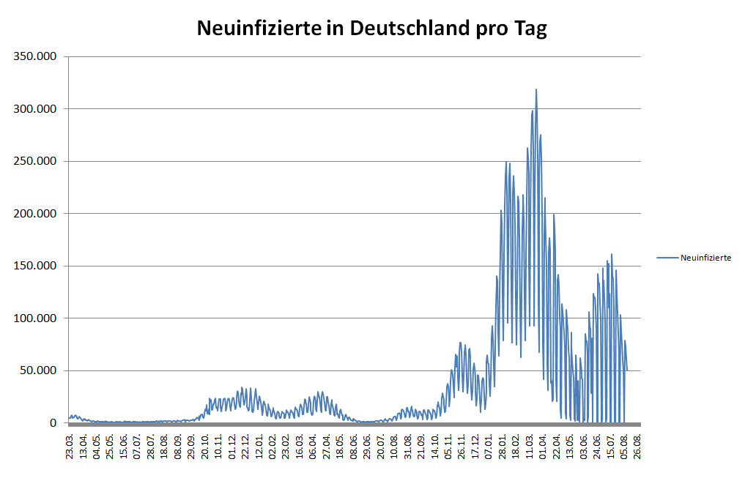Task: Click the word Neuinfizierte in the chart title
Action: (x=259, y=29)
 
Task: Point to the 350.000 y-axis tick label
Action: (x=35, y=56)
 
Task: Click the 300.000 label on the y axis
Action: (x=35, y=109)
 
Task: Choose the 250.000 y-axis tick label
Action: (x=35, y=161)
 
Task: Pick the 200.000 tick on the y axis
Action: (x=35, y=214)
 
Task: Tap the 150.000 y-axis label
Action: (x=35, y=266)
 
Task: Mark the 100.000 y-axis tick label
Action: (x=35, y=318)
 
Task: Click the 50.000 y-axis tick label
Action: (x=38, y=370)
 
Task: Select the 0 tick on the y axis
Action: (x=53, y=423)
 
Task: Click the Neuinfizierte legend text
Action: (x=705, y=258)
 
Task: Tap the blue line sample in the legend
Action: (x=667, y=258)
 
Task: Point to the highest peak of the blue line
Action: (x=536, y=89)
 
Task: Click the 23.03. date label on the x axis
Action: (x=70, y=446)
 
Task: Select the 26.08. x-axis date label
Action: (x=640, y=446)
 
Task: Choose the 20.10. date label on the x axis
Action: (x=205, y=446)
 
